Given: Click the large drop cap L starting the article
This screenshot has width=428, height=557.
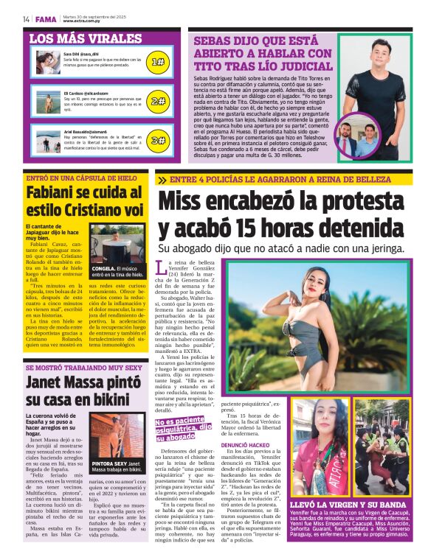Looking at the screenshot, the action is tap(162, 267).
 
